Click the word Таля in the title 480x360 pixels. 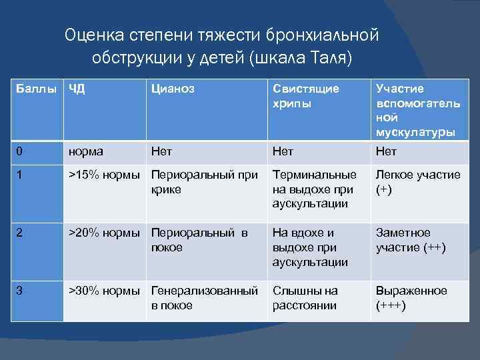pyautogui.click(x=327, y=57)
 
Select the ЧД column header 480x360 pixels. pyautogui.click(x=77, y=89)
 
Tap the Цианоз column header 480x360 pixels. pyautogui.click(x=173, y=89)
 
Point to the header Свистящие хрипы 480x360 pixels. pyautogui.click(x=305, y=96)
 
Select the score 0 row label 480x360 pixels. pyautogui.click(x=20, y=151)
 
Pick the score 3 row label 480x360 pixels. pyautogui.click(x=20, y=291)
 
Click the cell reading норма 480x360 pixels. pyautogui.click(x=86, y=151)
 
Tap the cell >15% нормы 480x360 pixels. pyautogui.click(x=104, y=175)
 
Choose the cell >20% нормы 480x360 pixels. pyautogui.click(x=104, y=233)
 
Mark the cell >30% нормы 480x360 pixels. pyautogui.click(x=104, y=291)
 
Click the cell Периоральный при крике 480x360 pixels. pyautogui.click(x=205, y=182)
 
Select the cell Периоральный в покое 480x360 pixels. pyautogui.click(x=200, y=240)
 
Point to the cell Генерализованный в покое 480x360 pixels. pyautogui.click(x=205, y=298)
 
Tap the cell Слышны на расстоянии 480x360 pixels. pyautogui.click(x=305, y=298)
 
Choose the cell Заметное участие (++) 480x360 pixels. pyautogui.click(x=411, y=240)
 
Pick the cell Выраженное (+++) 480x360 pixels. pyautogui.click(x=411, y=298)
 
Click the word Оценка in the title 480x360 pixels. pyautogui.click(x=93, y=34)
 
